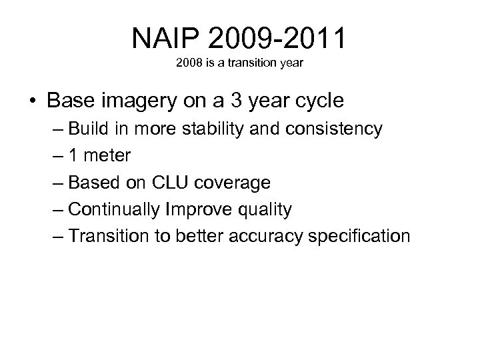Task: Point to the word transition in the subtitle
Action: (x=243, y=67)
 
